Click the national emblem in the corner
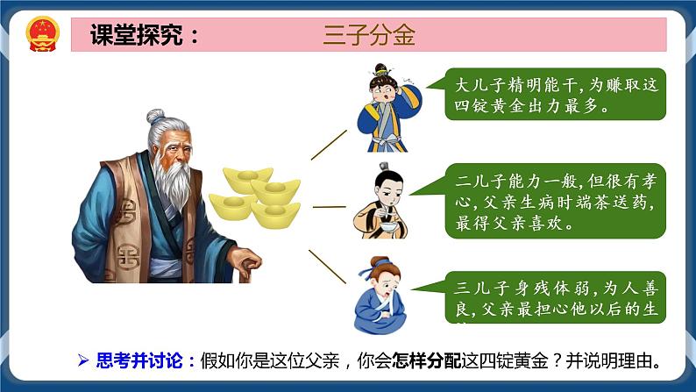click(x=39, y=33)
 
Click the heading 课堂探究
click(x=145, y=35)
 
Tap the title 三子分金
click(x=368, y=35)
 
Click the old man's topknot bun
click(x=155, y=115)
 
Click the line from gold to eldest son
click(x=330, y=146)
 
